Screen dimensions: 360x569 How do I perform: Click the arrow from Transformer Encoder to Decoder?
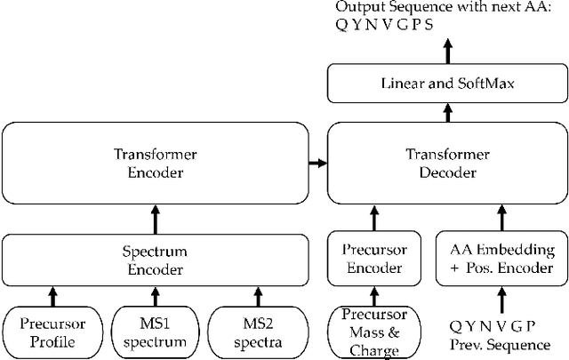[317, 163]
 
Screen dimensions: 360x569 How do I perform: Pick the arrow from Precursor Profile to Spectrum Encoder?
[52, 295]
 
